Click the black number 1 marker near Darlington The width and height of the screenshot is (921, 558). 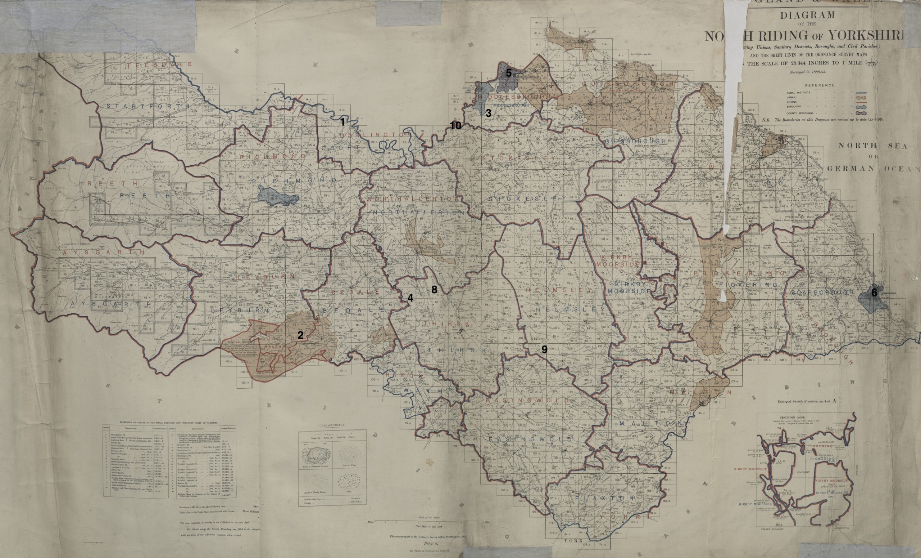coord(342,122)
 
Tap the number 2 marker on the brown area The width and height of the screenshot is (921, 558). coord(300,335)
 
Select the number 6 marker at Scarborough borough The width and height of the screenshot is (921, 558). coord(874,293)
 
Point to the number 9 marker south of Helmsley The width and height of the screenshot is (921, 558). coord(544,349)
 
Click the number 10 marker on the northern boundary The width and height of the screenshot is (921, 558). coord(455,126)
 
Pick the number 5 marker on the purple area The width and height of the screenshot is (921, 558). coord(508,73)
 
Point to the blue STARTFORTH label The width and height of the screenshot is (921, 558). coord(148,106)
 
